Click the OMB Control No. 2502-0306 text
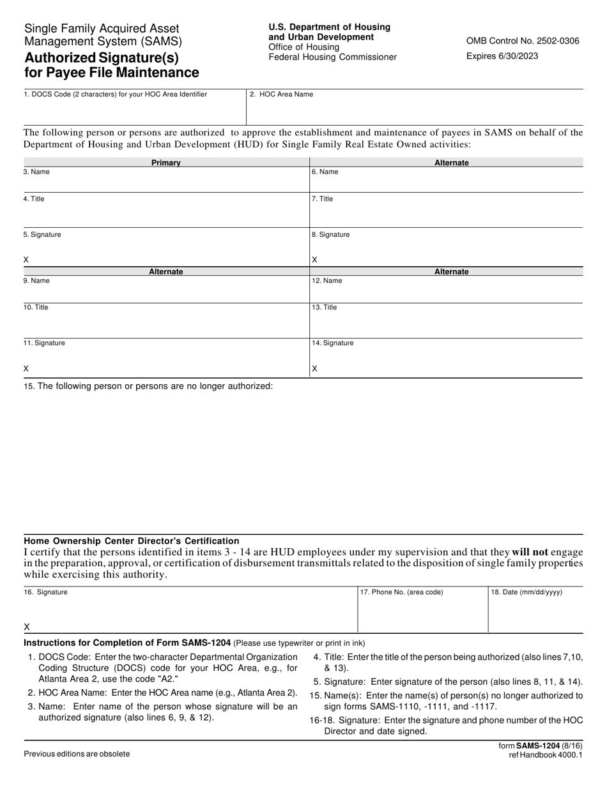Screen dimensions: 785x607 coord(523,41)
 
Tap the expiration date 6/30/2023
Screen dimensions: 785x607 coord(502,56)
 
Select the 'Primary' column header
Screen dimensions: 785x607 coord(166,163)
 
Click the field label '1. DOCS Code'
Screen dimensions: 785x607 coord(115,94)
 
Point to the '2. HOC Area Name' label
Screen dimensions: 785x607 coord(281,94)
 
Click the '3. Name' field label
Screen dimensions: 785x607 coord(36,172)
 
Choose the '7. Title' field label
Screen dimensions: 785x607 coord(322,199)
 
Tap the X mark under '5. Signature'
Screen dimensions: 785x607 coord(26,260)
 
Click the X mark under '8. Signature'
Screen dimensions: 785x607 coord(314,260)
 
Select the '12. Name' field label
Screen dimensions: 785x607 coord(327,281)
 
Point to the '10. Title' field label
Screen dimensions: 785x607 coord(36,308)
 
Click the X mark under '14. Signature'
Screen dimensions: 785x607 coord(314,369)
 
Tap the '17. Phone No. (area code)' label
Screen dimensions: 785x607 coord(401,592)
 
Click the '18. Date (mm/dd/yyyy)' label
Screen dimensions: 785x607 coord(526,592)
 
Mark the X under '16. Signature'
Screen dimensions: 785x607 coord(26,627)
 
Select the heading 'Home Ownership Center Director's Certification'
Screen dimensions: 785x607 coord(132,541)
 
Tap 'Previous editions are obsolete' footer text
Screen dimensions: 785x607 coord(77,754)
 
